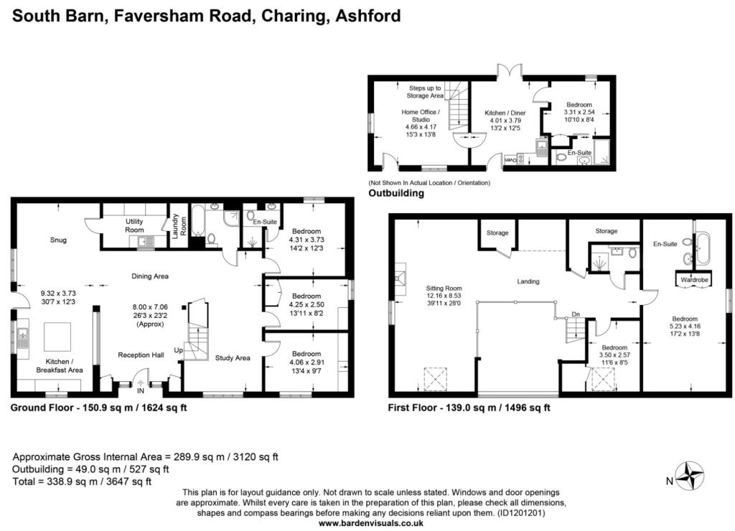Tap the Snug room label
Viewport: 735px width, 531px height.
point(58,240)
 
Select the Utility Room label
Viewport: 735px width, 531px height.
point(134,225)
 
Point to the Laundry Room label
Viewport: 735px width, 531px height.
point(179,226)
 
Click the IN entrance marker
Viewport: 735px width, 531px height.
point(141,390)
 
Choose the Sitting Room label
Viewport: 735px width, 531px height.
point(444,288)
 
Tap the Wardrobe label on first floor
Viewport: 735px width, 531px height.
point(694,280)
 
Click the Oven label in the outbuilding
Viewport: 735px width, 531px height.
point(510,160)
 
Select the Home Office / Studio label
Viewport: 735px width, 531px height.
point(421,116)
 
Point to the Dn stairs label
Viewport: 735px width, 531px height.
point(576,314)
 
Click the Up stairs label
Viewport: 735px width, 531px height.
point(179,350)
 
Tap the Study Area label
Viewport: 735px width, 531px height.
point(233,357)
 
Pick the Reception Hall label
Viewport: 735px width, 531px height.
point(141,354)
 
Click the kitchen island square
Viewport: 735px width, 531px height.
point(57,337)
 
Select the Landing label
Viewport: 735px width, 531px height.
point(528,281)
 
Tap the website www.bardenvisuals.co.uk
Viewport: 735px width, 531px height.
point(371,523)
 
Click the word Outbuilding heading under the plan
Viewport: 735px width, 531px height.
point(396,193)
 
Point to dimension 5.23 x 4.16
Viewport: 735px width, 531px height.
point(685,326)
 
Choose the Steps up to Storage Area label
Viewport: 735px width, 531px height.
point(425,91)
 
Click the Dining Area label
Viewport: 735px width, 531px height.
point(150,276)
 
